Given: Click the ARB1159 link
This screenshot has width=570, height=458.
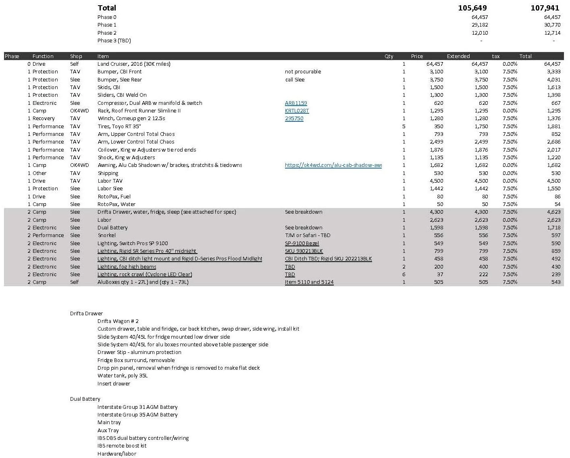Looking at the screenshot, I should tap(296, 103).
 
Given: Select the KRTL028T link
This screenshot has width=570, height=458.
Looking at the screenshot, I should tap(297, 111).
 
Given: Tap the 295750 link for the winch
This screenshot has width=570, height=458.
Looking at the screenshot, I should tap(294, 119).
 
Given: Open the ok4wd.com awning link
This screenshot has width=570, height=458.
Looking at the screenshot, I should tap(333, 165).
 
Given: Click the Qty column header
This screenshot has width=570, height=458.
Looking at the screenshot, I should tap(389, 56).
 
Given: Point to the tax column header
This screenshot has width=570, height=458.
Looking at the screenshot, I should tap(495, 56).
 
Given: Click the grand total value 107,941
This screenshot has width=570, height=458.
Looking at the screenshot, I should tap(545, 8).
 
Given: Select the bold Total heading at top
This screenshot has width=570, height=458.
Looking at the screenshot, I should tap(107, 8).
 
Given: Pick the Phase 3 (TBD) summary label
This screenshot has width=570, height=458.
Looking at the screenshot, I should tap(114, 41).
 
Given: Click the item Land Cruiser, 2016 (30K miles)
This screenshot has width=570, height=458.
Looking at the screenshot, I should tap(134, 64).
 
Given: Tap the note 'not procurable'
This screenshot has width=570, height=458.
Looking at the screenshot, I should tap(303, 72).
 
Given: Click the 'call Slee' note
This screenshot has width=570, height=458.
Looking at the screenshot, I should tap(295, 80).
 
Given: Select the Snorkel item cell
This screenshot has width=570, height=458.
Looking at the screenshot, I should tap(106, 235).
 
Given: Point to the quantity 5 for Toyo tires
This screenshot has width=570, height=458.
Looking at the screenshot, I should tap(404, 127).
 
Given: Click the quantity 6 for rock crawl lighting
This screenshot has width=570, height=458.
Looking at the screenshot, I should tap(404, 275).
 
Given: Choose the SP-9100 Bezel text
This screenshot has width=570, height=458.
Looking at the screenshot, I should tap(302, 244).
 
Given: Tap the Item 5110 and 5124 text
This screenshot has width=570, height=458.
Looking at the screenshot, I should tap(309, 282).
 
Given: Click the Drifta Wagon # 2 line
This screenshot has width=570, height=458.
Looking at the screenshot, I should tap(118, 321).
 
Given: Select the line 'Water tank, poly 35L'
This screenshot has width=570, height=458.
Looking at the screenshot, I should tap(122, 376).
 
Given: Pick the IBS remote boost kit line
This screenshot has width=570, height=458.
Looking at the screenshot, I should tap(122, 446).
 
